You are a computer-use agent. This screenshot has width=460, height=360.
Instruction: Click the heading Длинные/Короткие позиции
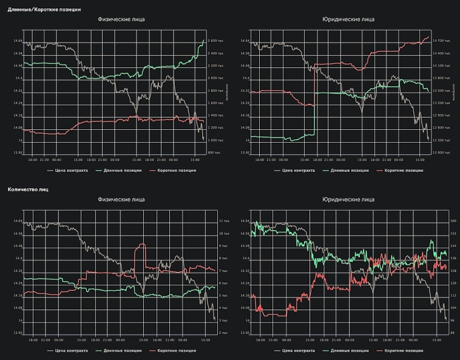click(44, 10)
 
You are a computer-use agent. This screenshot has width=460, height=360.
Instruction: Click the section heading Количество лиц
click(29, 189)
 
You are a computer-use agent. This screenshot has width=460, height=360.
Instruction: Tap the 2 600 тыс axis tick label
click(217, 41)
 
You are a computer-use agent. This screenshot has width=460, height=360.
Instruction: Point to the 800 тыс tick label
click(216, 152)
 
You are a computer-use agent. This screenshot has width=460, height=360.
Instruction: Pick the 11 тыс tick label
click(223, 221)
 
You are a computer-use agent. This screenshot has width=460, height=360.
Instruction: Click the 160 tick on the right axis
click(453, 221)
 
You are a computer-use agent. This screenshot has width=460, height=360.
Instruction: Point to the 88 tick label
click(452, 333)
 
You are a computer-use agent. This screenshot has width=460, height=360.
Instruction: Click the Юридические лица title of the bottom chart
click(348, 199)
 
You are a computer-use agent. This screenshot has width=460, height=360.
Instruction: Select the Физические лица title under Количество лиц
click(121, 199)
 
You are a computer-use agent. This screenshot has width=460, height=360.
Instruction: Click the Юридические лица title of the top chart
click(348, 19)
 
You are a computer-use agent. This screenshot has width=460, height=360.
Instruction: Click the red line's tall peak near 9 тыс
click(143, 245)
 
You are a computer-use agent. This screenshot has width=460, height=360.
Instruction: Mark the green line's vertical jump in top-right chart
click(314, 103)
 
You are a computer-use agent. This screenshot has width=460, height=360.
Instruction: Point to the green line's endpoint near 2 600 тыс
click(203, 40)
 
